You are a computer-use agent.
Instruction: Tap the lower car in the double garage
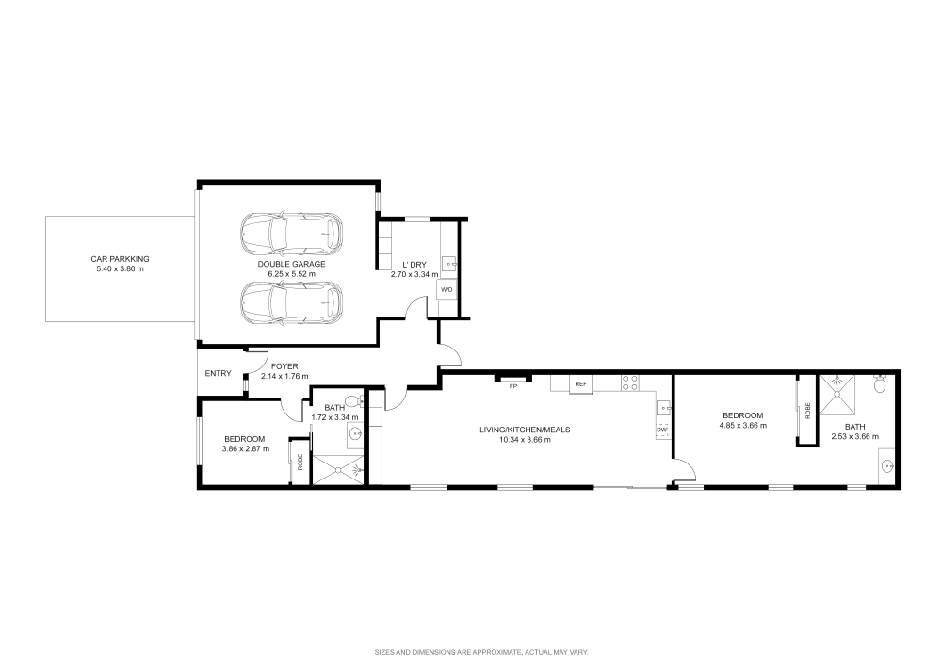pos(291,302)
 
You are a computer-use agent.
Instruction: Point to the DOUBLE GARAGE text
pos(291,264)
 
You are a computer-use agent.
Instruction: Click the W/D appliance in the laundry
pos(447,290)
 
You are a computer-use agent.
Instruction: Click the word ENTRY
pos(218,374)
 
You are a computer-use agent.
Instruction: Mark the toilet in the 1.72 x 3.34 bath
pos(352,401)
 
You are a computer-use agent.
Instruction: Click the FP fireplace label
pos(513,386)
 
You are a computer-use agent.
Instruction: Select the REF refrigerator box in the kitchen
pos(581,384)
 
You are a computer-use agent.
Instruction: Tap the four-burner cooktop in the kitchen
pos(629,382)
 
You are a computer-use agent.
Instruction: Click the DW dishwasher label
pos(662,430)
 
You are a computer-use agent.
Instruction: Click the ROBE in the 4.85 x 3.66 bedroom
pos(806,411)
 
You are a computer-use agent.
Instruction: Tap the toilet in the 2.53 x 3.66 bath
pos(881,383)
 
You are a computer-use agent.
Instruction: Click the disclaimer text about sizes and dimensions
pos(480,650)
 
